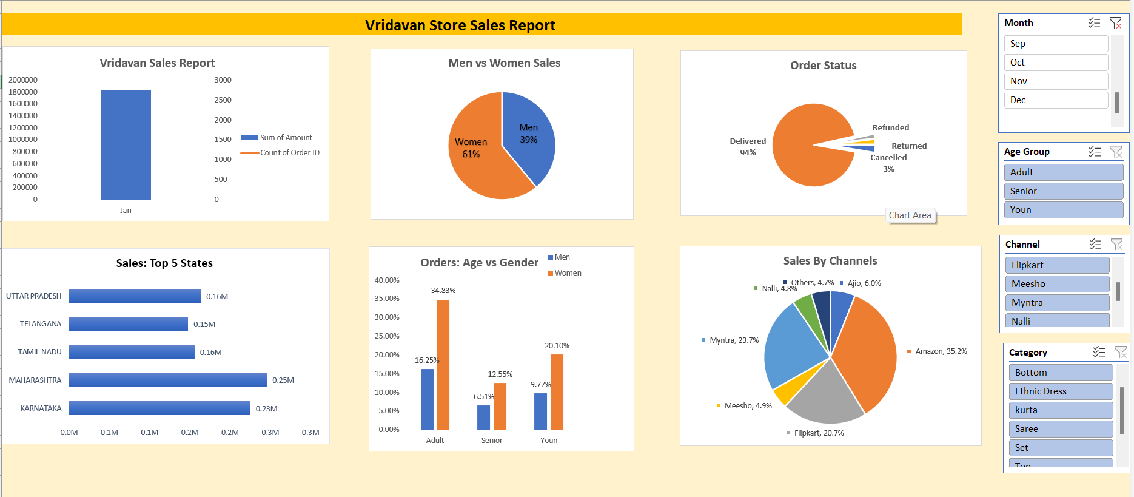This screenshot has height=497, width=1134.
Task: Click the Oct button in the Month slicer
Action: point(1055,63)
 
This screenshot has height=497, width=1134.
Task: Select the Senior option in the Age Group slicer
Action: point(1062,191)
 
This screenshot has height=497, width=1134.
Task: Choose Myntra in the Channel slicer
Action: point(1056,303)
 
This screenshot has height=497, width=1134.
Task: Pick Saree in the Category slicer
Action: point(1060,429)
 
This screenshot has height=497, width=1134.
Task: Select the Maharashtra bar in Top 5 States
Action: point(167,380)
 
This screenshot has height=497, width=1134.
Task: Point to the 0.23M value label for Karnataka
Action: point(266,409)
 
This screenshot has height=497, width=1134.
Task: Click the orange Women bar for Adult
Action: point(443,364)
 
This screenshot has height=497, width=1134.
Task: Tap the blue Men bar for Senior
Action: point(483,417)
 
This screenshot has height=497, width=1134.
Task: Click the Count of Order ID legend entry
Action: point(289,153)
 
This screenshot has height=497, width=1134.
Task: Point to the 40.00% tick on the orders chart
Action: point(387,280)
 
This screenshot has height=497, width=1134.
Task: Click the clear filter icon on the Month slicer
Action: point(1115,23)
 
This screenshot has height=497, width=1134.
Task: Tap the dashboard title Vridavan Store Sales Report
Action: point(460,25)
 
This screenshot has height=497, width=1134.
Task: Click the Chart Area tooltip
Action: point(910,215)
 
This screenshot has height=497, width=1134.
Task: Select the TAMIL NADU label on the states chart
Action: point(40,352)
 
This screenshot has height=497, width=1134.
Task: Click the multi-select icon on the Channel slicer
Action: point(1095,245)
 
